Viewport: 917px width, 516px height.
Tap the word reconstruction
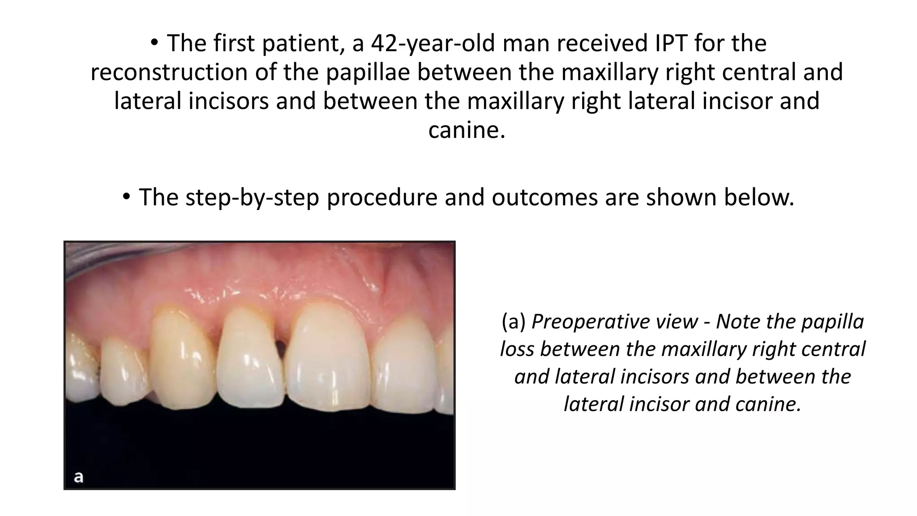point(169,73)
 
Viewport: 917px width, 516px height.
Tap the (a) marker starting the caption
point(514,322)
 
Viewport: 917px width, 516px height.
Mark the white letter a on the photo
point(78,477)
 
